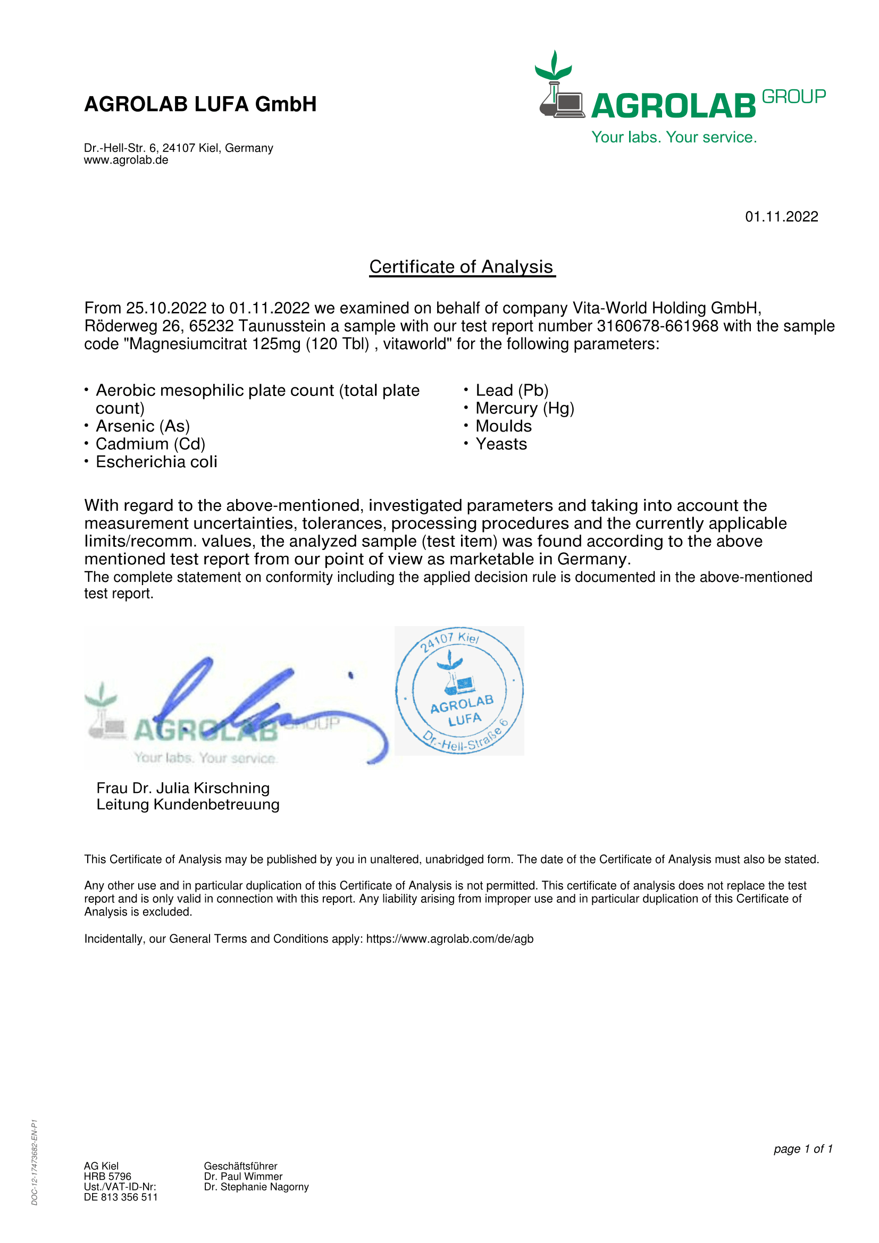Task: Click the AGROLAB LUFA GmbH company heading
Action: [200, 104]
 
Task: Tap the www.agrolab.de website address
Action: [125, 160]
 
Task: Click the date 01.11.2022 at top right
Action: [781, 216]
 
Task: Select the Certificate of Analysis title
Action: [462, 267]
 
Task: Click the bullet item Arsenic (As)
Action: [143, 426]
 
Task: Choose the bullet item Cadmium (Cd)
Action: [150, 444]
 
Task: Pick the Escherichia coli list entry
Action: [156, 462]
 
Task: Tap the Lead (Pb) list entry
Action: [512, 391]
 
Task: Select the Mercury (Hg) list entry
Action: [524, 408]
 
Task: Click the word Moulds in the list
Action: [503, 426]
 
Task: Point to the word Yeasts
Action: [501, 444]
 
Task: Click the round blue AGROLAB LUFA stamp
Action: [459, 690]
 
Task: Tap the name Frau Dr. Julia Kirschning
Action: [182, 788]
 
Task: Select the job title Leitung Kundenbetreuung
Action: [187, 805]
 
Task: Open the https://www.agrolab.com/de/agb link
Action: [449, 938]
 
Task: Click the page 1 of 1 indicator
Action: [802, 1149]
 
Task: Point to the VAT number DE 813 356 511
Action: [120, 1197]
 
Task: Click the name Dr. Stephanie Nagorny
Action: [256, 1187]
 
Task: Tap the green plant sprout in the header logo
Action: [554, 65]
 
